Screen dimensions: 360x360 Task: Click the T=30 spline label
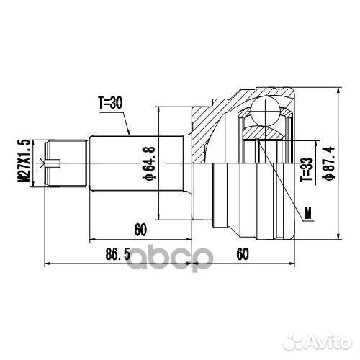click(111, 103)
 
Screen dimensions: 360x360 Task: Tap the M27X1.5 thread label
click(25, 161)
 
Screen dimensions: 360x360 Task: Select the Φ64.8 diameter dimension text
click(149, 163)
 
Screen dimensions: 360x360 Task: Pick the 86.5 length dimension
click(117, 254)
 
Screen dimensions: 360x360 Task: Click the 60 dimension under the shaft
click(140, 230)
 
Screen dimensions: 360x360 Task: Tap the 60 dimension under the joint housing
click(243, 254)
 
